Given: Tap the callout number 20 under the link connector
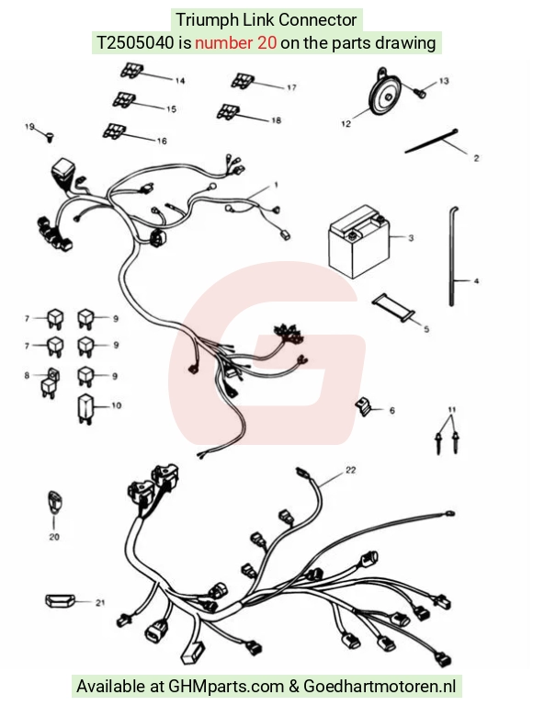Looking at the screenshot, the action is [54, 537].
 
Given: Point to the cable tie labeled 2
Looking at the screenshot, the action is [431, 142].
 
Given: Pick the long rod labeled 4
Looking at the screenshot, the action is [452, 256].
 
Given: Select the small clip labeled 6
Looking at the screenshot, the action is [363, 406].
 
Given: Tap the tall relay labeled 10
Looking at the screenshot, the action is [85, 409].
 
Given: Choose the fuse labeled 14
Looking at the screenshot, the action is [132, 71].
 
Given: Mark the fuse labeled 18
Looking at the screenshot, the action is [228, 111].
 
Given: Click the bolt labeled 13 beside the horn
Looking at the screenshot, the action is [420, 93].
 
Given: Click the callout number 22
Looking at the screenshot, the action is [350, 470].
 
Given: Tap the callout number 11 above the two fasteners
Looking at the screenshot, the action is [452, 410].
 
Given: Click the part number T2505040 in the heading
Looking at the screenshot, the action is [135, 43].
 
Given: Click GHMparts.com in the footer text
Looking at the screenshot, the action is [226, 687].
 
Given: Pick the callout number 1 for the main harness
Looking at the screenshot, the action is [276, 185].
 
